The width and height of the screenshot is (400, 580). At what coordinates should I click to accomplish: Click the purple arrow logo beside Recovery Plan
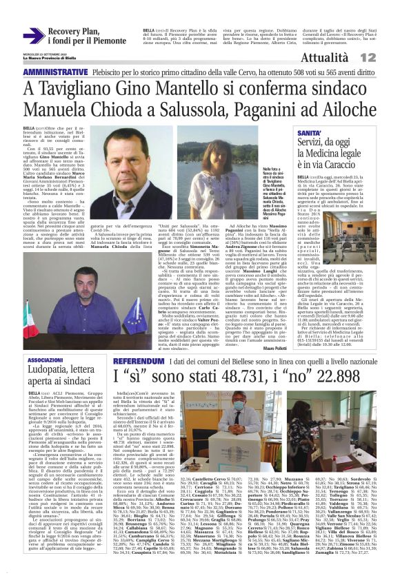coord(32,36)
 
